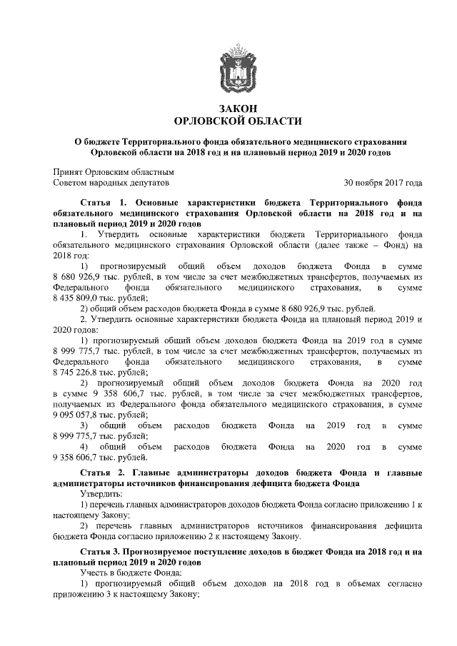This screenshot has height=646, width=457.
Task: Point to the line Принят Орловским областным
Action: pyautogui.click(x=114, y=171)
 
